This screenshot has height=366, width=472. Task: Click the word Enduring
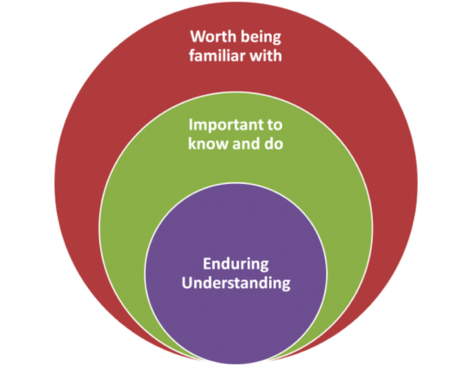click(x=236, y=265)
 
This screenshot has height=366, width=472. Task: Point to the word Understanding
click(x=236, y=284)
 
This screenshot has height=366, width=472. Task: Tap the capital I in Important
click(x=191, y=125)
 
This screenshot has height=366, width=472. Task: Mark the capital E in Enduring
click(x=207, y=265)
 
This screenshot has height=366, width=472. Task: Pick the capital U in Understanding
click(x=187, y=284)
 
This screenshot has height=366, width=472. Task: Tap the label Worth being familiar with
click(x=236, y=47)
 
